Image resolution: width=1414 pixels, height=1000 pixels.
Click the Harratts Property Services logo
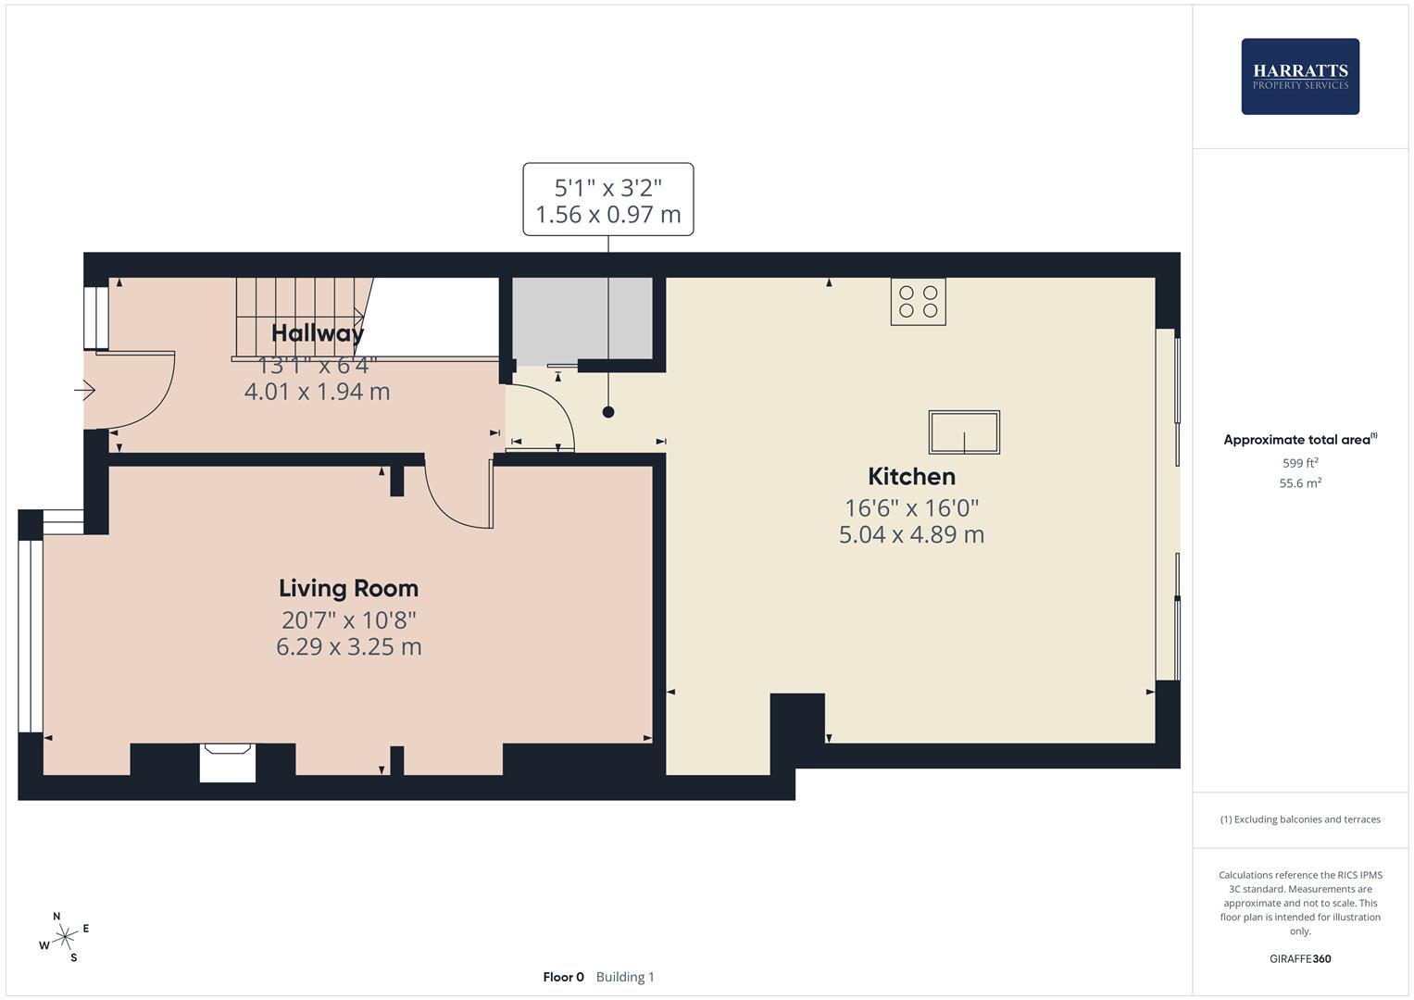point(1299,76)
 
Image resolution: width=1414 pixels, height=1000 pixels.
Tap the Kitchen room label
point(911,477)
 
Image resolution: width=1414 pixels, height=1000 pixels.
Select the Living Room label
point(348,589)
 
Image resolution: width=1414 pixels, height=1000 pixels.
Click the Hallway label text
point(318,333)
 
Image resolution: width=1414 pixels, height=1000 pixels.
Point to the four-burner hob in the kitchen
point(918,302)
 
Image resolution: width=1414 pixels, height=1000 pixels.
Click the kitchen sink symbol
point(964,432)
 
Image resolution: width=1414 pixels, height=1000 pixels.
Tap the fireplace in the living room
point(228,761)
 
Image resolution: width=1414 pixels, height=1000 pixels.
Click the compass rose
point(65,938)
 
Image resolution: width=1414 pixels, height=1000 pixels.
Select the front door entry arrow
point(85,391)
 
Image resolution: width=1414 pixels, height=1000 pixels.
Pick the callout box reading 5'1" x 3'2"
point(607,200)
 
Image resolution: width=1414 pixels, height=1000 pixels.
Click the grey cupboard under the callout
point(582,319)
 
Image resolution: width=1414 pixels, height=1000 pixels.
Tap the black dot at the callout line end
point(608,413)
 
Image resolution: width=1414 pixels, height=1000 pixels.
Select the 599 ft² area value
point(1299,463)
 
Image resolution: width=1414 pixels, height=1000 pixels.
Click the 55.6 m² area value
point(1299,483)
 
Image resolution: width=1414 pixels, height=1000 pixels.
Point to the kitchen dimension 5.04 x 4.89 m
point(911,535)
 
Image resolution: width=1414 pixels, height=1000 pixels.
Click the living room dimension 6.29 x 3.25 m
point(348,647)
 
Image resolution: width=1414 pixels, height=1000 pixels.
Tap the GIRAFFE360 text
point(1299,959)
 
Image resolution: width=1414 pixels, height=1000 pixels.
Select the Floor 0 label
point(563,977)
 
